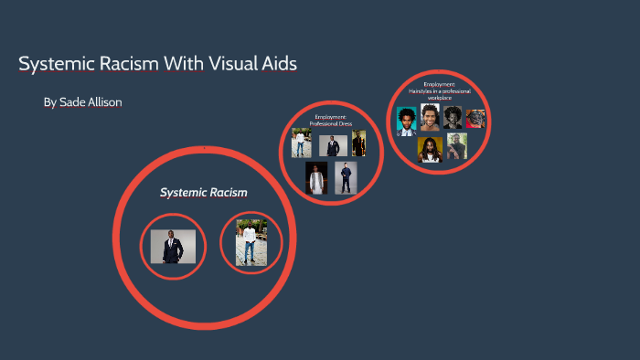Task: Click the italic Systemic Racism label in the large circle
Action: click(x=204, y=193)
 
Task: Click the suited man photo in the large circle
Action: click(x=173, y=246)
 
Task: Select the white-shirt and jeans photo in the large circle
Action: click(x=251, y=243)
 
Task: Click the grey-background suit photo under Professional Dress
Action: click(x=332, y=145)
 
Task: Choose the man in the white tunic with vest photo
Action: click(x=316, y=178)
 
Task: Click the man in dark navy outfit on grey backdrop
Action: click(x=345, y=178)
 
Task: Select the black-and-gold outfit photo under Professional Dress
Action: click(x=359, y=143)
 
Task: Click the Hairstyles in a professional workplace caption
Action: click(x=440, y=92)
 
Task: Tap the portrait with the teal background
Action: click(x=407, y=121)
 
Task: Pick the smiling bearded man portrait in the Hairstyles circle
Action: click(x=430, y=116)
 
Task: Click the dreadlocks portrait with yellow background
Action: click(x=430, y=150)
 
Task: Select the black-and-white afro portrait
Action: click(x=453, y=118)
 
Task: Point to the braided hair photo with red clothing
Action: click(x=475, y=119)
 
